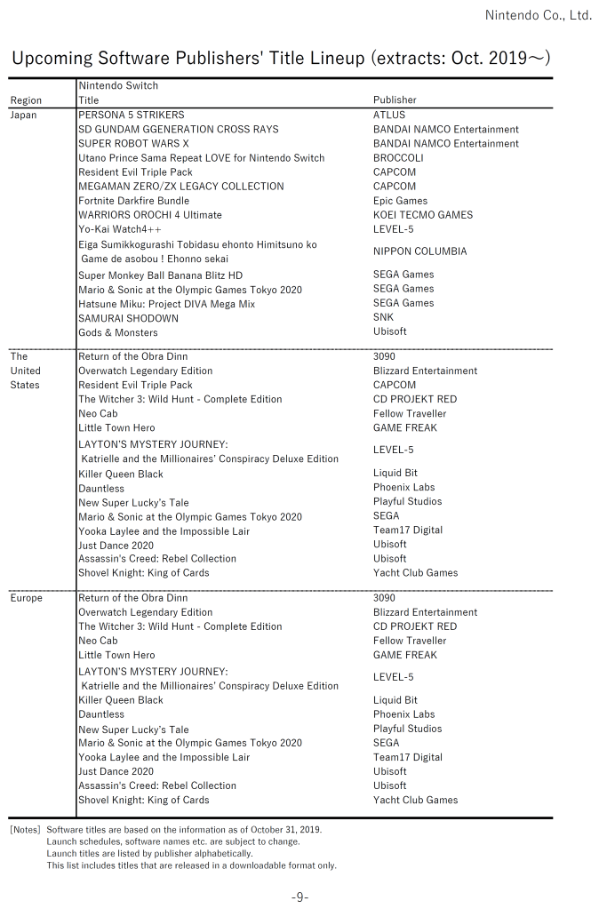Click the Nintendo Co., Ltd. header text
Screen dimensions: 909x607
(539, 15)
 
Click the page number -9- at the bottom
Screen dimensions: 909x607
(300, 897)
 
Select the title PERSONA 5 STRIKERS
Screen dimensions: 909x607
(132, 115)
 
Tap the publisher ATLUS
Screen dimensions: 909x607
(389, 115)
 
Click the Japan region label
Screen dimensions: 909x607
(24, 115)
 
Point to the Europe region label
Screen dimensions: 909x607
(27, 598)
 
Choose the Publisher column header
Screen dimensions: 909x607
(395, 100)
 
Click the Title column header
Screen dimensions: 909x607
(89, 100)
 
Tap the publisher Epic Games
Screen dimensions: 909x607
(400, 201)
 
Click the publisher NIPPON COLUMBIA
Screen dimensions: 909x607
(419, 251)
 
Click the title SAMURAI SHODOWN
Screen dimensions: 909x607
(128, 317)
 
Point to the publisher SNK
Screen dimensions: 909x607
(383, 317)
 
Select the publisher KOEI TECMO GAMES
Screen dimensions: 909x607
(423, 215)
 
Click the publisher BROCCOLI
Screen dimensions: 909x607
(398, 157)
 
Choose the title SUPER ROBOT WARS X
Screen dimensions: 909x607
(133, 143)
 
